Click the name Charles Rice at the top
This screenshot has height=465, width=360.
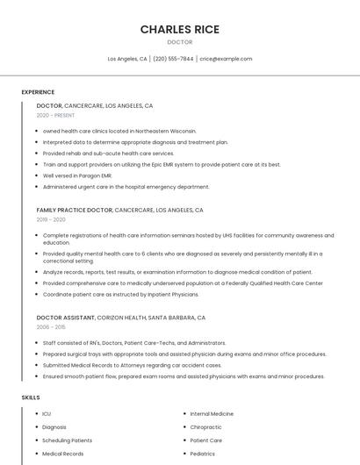180,29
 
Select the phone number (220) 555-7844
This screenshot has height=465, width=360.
173,59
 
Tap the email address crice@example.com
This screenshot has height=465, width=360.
226,59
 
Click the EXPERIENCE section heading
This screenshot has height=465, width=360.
38,92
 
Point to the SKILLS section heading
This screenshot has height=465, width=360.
31,397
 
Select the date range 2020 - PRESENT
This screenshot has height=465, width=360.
55,115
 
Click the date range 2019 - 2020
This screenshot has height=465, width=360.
51,219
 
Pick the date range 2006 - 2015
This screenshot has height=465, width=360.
51,326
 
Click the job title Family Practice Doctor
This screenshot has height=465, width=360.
75,211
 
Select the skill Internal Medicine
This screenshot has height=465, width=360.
212,413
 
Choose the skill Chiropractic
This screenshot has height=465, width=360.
206,426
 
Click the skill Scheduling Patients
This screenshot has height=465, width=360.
67,440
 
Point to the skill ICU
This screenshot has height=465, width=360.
47,413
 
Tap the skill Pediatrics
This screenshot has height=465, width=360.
203,454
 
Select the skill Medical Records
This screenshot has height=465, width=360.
62,454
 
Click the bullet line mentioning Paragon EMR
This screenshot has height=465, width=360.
77,175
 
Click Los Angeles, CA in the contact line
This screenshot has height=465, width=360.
127,59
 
